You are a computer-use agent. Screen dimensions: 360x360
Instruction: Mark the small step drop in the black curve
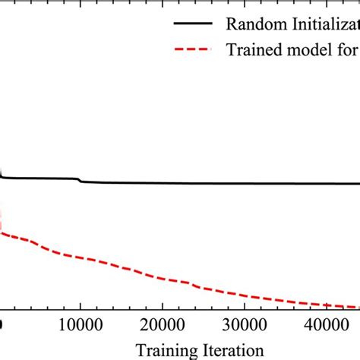point(79,181)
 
